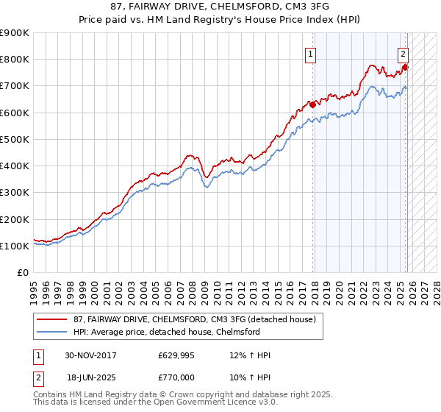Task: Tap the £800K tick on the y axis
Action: (15, 60)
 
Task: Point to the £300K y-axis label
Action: (15, 193)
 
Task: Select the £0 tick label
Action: (24, 273)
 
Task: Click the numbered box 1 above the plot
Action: (311, 53)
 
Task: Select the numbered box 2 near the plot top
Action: (404, 53)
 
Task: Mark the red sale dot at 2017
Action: (313, 104)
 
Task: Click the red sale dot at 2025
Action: (405, 68)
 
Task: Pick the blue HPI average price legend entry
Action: (167, 332)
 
